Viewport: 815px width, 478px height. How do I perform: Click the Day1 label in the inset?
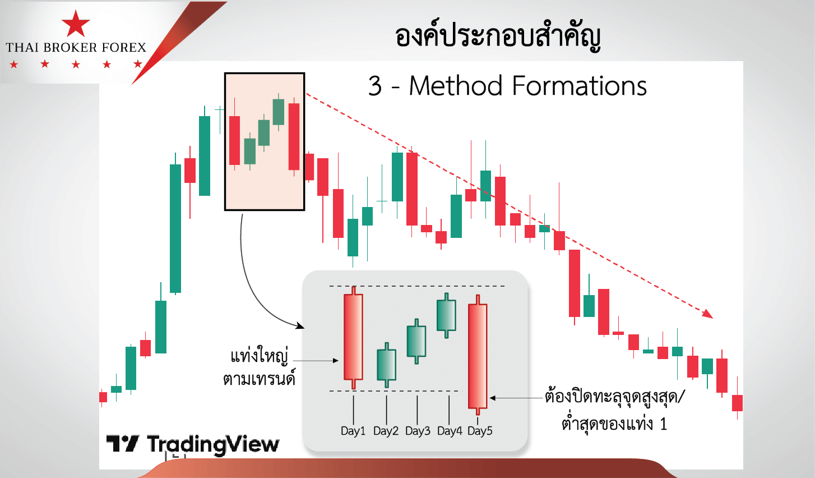[353, 431]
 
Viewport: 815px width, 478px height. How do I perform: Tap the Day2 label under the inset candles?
[386, 431]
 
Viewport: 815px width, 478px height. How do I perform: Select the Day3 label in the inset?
[418, 431]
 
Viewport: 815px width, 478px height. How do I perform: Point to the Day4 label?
[450, 431]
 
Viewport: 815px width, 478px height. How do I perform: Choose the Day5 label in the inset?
[480, 431]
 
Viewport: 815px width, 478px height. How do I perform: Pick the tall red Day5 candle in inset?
[478, 355]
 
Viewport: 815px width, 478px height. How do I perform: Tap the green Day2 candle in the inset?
[386, 365]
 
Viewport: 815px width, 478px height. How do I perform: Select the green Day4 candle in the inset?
[446, 315]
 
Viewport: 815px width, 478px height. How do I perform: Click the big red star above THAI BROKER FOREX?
[76, 24]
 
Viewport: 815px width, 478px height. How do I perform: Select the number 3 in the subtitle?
[375, 86]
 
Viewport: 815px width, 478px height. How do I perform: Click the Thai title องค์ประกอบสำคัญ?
[497, 36]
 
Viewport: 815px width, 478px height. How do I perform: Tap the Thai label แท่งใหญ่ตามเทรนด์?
[259, 367]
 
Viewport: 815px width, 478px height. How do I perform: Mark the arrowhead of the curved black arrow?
[300, 325]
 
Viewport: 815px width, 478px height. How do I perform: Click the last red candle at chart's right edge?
[738, 403]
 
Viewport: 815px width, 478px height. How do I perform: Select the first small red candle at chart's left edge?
[103, 397]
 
